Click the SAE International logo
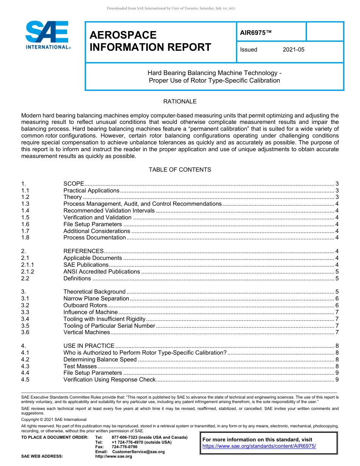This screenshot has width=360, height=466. (47, 35)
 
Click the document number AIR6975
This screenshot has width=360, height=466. (256, 33)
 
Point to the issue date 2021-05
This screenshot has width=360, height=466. (293, 50)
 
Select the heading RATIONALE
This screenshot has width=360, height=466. (180, 102)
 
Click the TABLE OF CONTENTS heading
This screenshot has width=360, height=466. (180, 170)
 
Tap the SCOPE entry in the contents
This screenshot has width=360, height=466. (74, 184)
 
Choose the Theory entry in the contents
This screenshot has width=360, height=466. (72, 197)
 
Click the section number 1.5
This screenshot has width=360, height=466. (25, 217)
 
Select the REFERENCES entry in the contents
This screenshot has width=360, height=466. (83, 251)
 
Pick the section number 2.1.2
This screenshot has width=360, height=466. (28, 272)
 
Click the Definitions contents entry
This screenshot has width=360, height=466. (77, 278)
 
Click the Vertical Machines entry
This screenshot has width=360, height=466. (86, 332)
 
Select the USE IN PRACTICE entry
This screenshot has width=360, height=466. (89, 346)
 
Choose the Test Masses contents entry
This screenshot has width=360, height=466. (80, 366)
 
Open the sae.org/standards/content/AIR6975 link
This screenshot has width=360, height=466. (259, 446)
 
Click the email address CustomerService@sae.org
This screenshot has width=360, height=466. (138, 452)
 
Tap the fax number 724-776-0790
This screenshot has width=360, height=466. (124, 447)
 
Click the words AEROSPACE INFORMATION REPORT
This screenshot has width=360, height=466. (150, 41)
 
